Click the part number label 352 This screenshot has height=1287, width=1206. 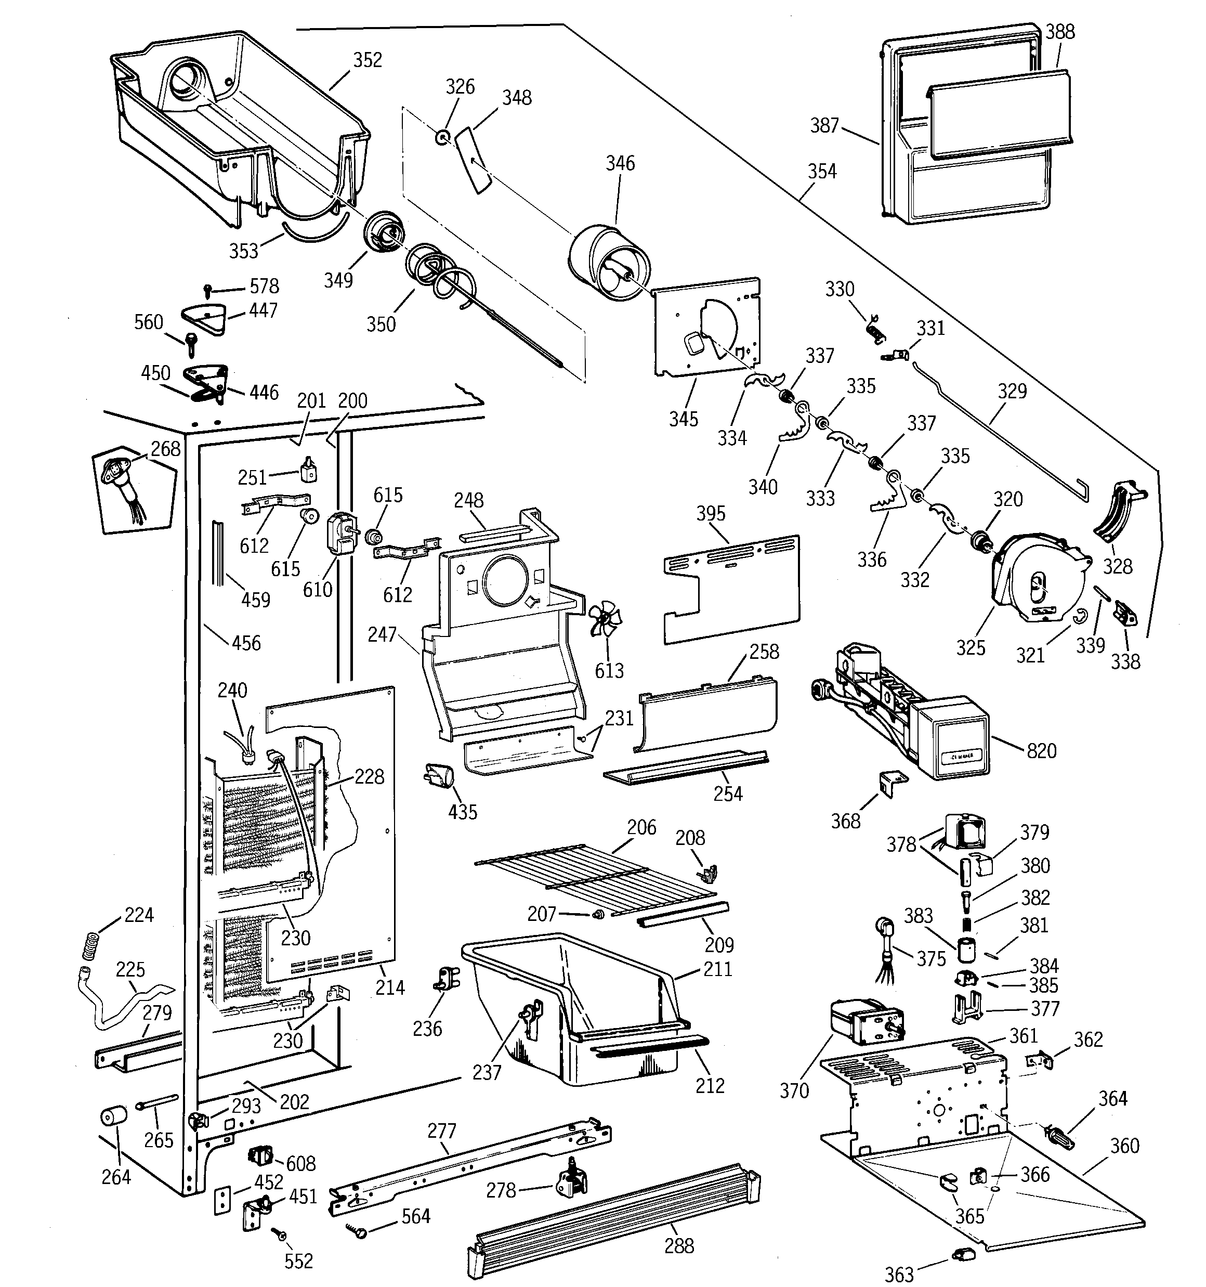click(x=367, y=60)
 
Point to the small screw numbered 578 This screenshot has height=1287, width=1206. click(x=208, y=288)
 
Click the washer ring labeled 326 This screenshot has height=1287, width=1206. click(x=443, y=137)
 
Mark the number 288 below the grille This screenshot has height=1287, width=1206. click(x=678, y=1245)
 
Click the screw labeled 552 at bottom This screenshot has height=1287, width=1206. click(x=281, y=1235)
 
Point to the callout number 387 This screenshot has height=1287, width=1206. click(x=824, y=126)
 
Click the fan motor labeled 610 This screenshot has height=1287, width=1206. click(x=340, y=534)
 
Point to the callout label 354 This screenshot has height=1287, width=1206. click(x=821, y=172)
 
